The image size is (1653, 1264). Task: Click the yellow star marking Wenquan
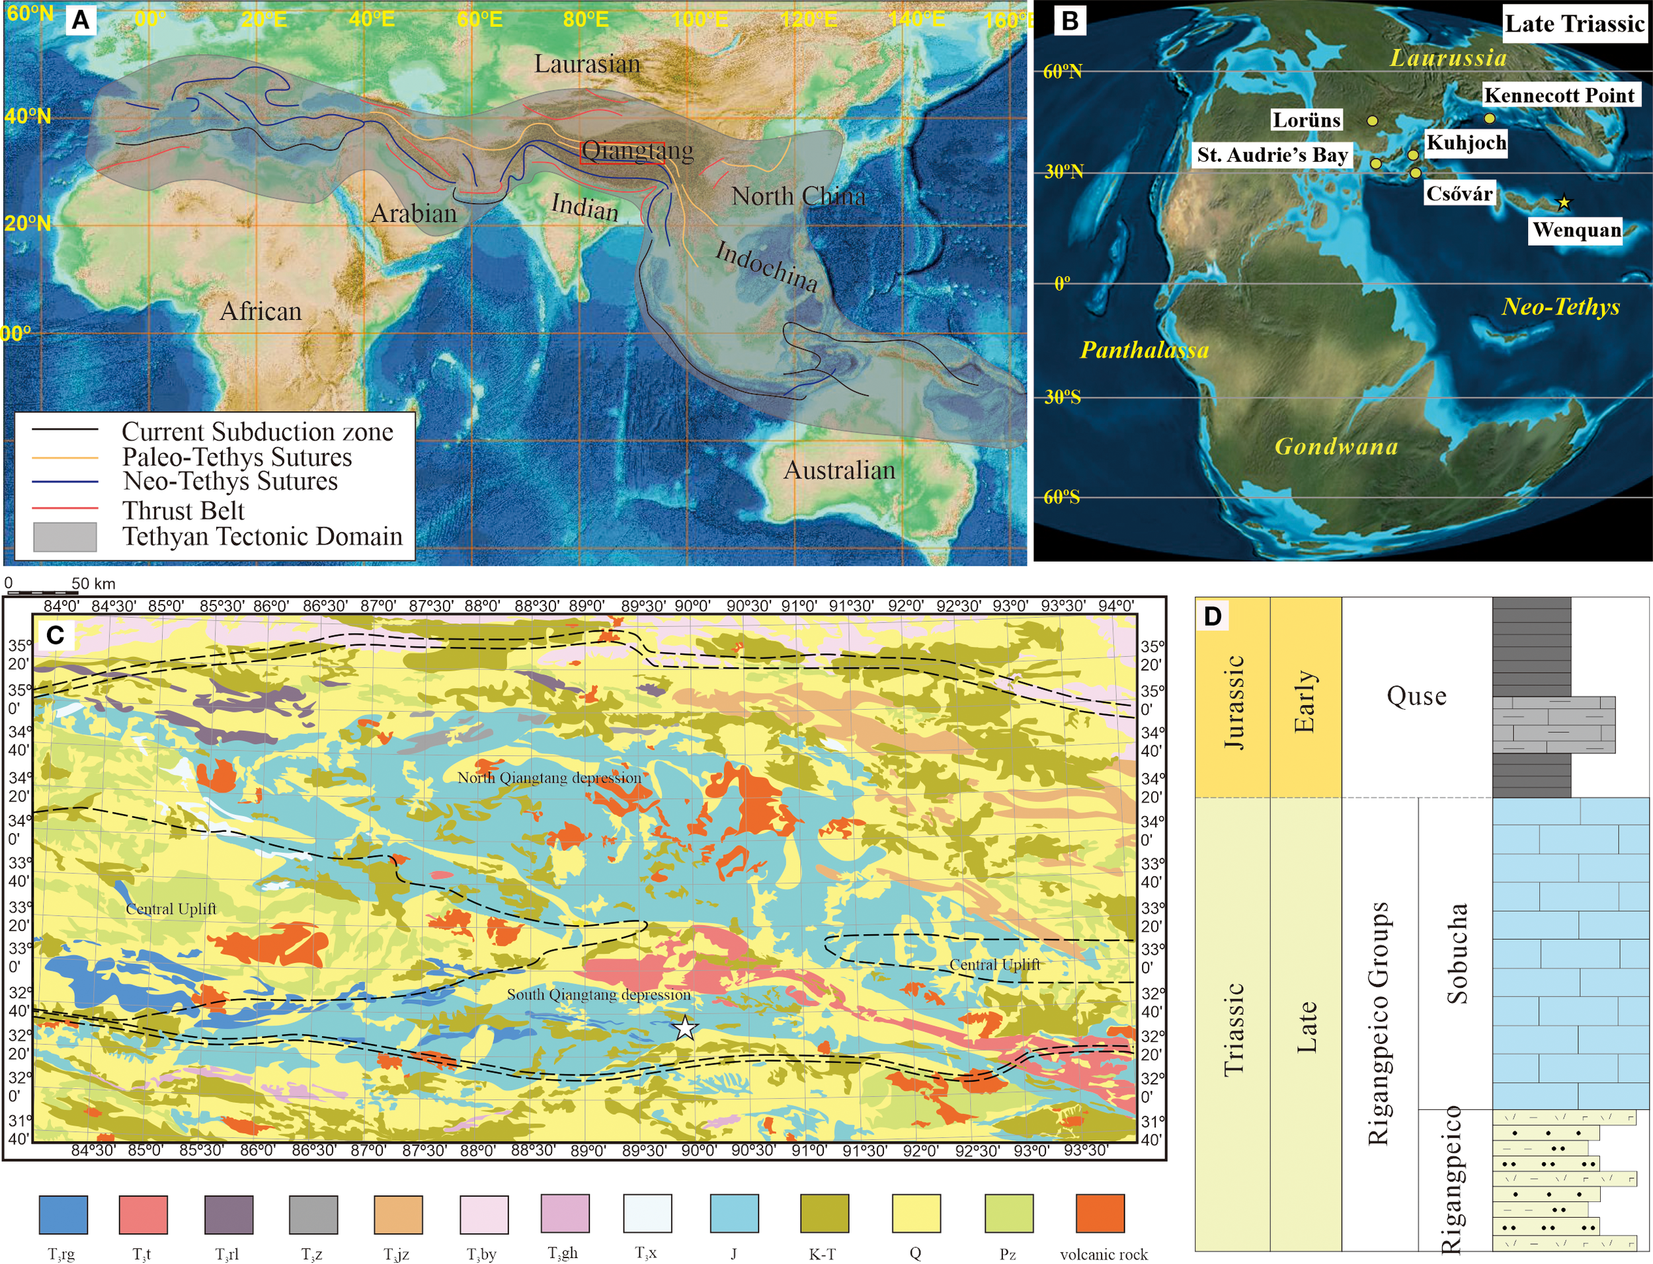coord(1564,202)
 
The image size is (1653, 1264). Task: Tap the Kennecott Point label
coord(1559,96)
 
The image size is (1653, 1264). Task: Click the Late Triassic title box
coord(1573,23)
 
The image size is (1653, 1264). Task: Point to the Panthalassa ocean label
coord(1143,350)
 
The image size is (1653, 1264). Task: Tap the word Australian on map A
coord(839,470)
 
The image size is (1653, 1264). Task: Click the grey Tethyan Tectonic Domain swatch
coord(65,537)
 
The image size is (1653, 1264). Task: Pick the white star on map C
coord(685,1027)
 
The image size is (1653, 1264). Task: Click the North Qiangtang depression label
coord(549,778)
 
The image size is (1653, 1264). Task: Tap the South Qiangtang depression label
coord(598,994)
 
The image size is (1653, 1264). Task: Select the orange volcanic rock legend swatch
coord(1100,1214)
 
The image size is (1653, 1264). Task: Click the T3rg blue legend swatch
coord(63,1214)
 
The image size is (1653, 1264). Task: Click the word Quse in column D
coord(1416,696)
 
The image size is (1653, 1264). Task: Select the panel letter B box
coord(1070,20)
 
